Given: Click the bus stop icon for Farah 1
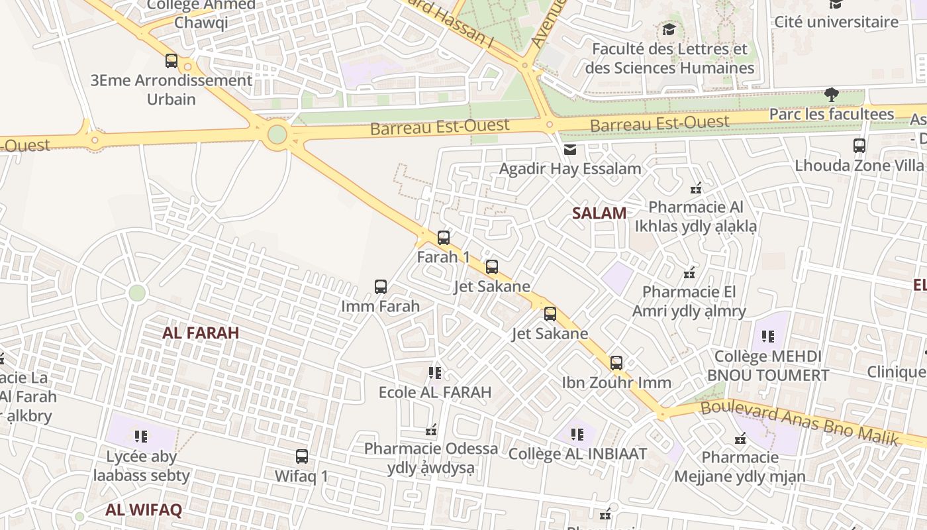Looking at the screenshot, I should tap(444, 237).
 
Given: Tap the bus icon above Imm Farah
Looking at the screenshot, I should tap(381, 287).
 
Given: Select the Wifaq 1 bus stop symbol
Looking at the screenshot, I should tap(302, 456).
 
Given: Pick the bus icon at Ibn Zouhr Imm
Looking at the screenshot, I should tap(616, 363).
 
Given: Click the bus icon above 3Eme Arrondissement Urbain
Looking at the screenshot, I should tap(171, 61).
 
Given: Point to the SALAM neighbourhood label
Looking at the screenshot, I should tap(599, 213).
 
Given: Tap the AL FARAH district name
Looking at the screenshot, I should tap(201, 333).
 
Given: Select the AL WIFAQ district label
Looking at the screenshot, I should tap(144, 509).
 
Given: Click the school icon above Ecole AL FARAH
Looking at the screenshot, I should tap(435, 373).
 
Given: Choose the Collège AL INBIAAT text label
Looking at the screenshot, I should tap(577, 454).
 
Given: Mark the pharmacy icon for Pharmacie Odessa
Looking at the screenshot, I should tap(432, 430).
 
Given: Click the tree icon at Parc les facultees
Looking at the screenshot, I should tap(832, 95).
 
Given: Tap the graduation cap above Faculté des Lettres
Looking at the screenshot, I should tap(669, 30).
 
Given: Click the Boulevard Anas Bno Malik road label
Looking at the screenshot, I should tap(799, 421).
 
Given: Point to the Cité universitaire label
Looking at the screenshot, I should tap(836, 22).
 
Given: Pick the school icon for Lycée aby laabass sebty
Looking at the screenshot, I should tap(141, 436).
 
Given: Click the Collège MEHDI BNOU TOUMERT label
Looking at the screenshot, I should tap(768, 365).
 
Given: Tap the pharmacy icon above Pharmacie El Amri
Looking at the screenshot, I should tap(689, 272).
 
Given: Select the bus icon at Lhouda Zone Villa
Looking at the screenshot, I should tap(859, 146).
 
